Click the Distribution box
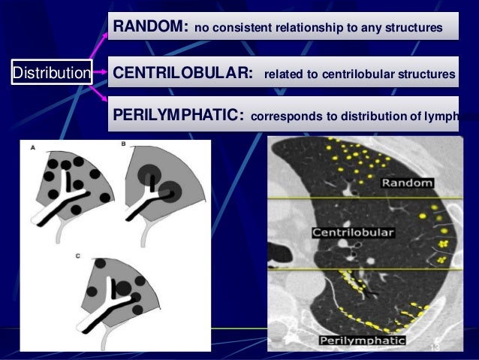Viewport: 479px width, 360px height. click(x=50, y=73)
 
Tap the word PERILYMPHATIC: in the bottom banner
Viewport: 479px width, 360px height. click(x=178, y=116)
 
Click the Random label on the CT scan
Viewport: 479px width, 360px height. click(x=406, y=183)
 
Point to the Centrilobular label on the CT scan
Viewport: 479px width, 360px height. click(x=352, y=232)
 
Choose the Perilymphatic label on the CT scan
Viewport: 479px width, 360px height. click(x=363, y=341)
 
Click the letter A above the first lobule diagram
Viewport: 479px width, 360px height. click(x=32, y=148)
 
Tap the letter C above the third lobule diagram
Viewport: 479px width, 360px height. click(x=78, y=256)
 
